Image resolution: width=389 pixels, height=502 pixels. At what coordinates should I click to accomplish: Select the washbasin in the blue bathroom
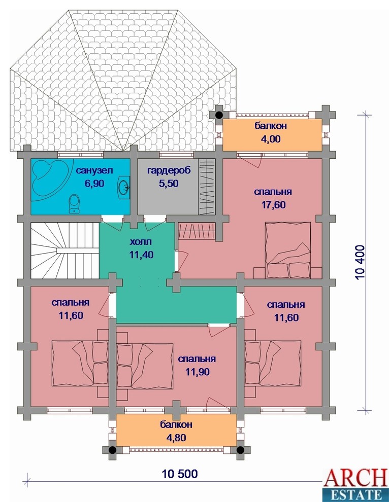point(124,185)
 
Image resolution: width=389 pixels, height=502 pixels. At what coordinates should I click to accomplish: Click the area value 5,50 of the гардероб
point(169,184)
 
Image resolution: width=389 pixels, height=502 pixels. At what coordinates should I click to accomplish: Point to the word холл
point(141,242)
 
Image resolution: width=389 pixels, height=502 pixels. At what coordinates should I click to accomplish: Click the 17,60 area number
point(274,204)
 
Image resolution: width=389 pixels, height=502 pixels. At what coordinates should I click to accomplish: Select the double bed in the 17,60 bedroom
point(287,249)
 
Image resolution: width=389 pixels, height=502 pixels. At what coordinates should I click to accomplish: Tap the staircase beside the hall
point(65,250)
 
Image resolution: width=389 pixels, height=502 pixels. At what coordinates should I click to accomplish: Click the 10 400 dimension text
point(360,263)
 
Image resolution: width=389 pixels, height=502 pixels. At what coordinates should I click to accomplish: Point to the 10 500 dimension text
point(180,474)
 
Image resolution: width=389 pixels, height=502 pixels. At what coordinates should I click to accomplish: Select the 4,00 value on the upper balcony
point(271,138)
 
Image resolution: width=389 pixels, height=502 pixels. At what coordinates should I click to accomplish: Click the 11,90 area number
point(197,372)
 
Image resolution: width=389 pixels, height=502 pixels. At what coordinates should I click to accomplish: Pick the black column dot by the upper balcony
point(219,115)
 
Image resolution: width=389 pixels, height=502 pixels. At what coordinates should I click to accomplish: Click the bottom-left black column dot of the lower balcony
point(112,450)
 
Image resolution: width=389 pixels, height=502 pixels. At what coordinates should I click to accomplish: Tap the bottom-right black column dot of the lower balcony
point(240,450)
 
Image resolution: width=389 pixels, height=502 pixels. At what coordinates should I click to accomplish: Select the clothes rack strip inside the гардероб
point(207,187)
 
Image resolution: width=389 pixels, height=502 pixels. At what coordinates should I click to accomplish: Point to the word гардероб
point(169,171)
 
